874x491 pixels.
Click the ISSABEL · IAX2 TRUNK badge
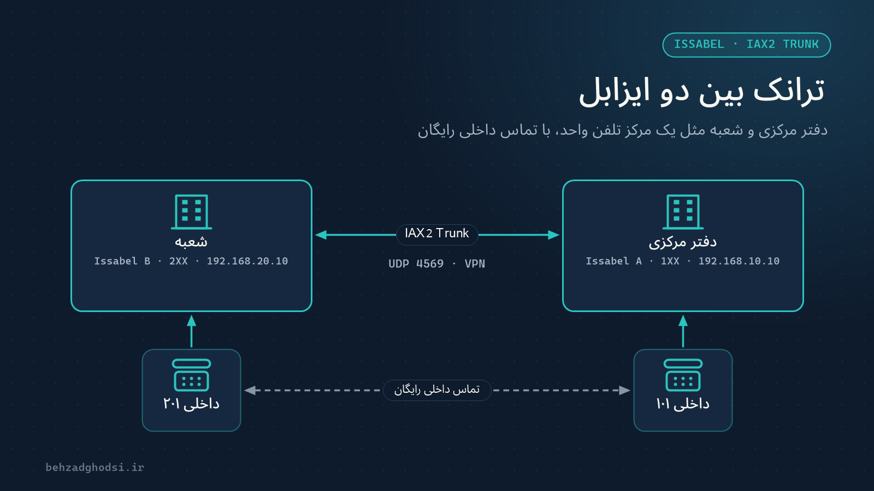tap(746, 45)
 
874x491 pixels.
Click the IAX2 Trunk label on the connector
tap(437, 233)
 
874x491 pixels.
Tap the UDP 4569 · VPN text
tap(436, 264)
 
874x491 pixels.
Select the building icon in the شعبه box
tap(191, 212)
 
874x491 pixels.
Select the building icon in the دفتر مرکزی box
tap(683, 212)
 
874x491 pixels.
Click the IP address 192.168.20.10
tap(247, 261)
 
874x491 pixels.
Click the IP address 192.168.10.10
tap(739, 261)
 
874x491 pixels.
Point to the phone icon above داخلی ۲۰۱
tap(191, 375)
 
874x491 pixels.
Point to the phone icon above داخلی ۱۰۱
tap(683, 375)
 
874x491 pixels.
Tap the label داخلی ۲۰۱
tap(191, 404)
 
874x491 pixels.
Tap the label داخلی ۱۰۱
tap(683, 404)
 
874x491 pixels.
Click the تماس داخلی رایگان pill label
tap(437, 390)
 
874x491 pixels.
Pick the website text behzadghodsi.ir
tap(95, 467)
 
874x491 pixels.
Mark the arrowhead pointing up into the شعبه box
tap(191, 321)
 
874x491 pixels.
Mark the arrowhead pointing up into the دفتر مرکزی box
tap(683, 321)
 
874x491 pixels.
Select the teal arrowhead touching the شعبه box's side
tap(321, 235)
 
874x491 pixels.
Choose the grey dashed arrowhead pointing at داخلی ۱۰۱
tap(625, 390)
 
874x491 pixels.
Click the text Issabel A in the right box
tap(614, 261)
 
